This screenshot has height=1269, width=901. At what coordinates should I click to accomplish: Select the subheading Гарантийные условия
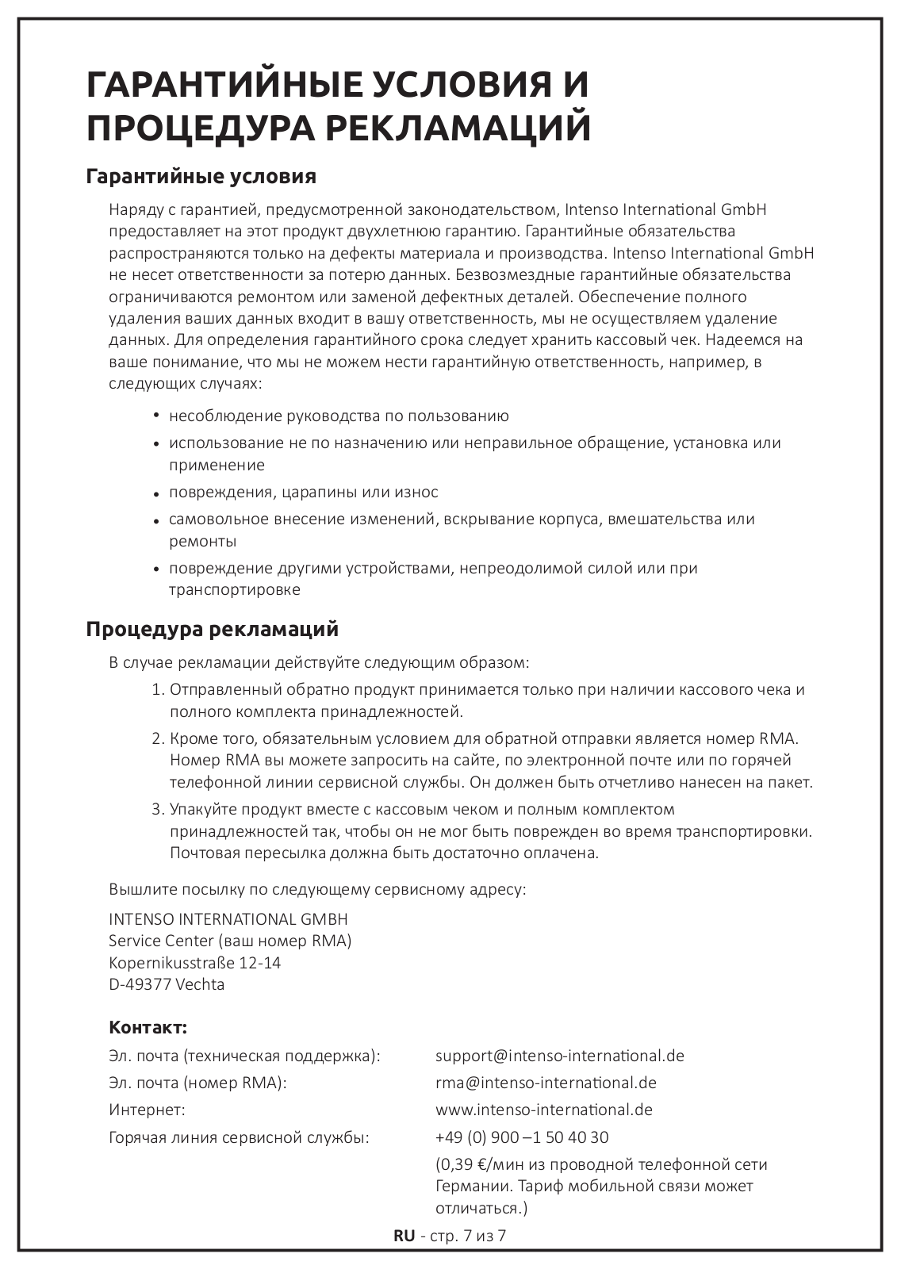[x=201, y=176]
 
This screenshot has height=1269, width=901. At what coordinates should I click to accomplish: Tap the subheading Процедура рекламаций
[x=212, y=630]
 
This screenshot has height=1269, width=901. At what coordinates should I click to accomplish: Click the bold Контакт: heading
[x=148, y=1028]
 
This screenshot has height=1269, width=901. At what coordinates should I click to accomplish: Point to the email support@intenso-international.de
[x=559, y=1056]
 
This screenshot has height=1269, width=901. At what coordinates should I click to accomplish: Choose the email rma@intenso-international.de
[x=546, y=1083]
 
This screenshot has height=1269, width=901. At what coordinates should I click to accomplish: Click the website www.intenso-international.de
[x=543, y=1110]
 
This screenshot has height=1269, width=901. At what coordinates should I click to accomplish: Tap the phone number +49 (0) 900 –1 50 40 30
[x=522, y=1137]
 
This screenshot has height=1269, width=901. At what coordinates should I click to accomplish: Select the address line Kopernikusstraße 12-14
[x=194, y=963]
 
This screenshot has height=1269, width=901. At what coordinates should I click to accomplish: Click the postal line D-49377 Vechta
[x=167, y=985]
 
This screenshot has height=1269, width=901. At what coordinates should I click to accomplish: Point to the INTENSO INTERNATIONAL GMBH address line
[x=228, y=919]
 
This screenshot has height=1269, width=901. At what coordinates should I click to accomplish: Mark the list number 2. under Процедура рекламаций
[x=157, y=739]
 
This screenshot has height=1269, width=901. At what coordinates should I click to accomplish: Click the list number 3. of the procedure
[x=157, y=810]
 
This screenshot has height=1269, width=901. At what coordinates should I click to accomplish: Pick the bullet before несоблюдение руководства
[x=157, y=416]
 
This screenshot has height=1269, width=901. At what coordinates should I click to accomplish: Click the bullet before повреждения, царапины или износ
[x=157, y=493]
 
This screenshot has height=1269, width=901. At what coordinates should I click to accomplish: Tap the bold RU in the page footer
[x=404, y=1236]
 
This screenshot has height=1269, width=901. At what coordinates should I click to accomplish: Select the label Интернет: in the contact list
[x=147, y=1110]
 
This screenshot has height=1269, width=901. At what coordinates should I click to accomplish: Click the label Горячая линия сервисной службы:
[x=239, y=1137]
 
